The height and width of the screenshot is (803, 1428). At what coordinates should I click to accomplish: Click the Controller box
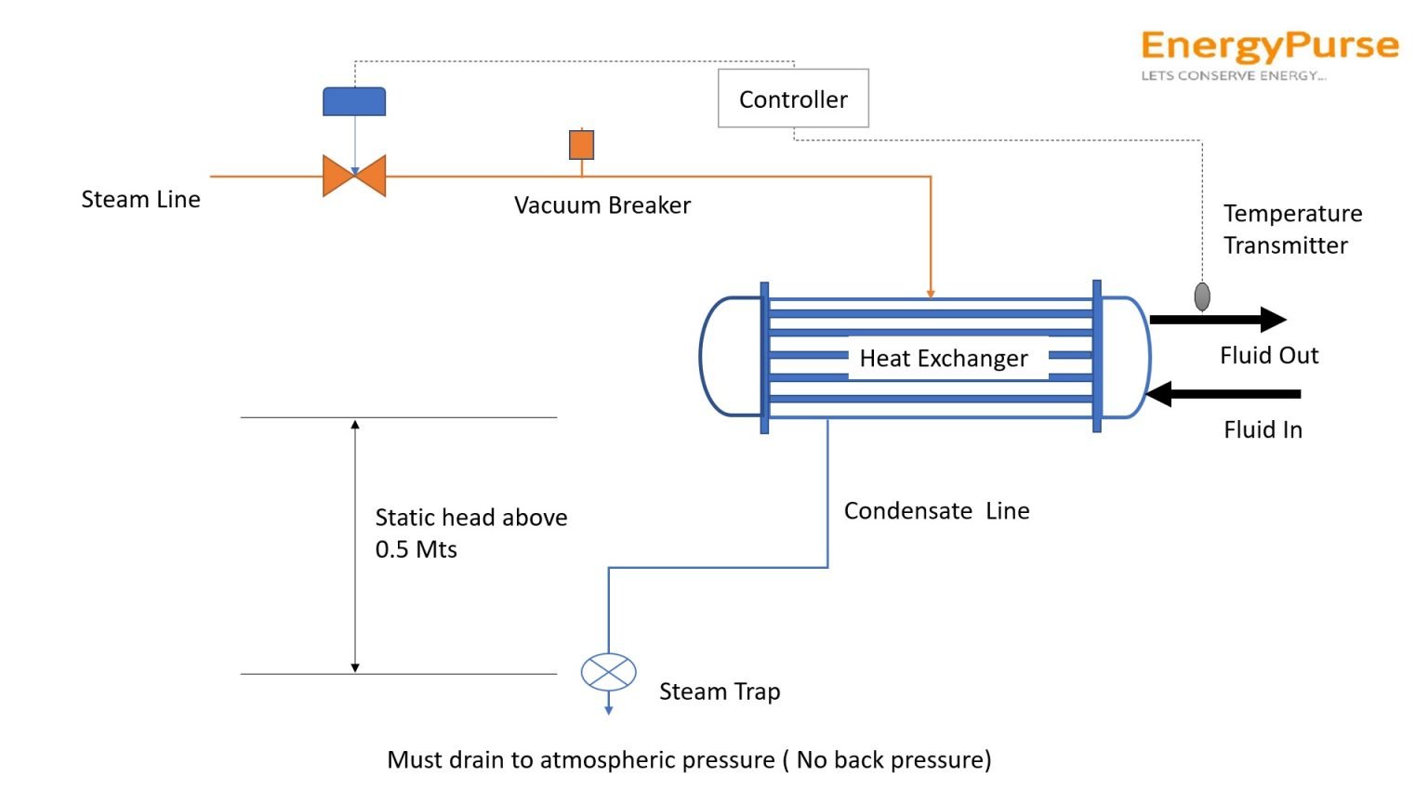point(793,99)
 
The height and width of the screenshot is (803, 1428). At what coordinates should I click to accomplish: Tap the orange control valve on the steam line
point(354,176)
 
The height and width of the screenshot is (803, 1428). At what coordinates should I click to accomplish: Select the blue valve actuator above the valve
point(354,101)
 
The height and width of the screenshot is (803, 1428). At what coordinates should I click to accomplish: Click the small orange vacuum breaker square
point(581,145)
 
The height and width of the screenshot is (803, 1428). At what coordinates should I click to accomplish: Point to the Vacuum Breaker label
point(602,205)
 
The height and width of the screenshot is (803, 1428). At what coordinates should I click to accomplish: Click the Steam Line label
point(140,200)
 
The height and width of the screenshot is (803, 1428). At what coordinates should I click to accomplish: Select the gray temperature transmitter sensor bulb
point(1202,296)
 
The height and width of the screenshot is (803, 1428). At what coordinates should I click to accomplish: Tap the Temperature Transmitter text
point(1291,230)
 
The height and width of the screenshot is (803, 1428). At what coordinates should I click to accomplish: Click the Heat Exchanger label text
point(944,359)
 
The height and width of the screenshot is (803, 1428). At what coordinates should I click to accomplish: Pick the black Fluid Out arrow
point(1218,320)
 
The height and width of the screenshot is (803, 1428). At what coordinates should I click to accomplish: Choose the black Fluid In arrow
point(1222,394)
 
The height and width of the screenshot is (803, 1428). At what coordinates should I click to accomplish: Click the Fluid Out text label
point(1268,356)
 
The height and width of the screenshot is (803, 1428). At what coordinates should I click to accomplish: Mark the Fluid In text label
point(1263,429)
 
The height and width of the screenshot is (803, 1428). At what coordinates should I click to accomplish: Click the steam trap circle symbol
point(608,672)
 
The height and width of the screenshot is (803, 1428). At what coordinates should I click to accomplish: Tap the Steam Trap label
point(720,691)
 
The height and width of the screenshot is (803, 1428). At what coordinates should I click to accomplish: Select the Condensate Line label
point(936,511)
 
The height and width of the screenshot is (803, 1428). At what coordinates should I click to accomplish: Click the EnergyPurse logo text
point(1269,46)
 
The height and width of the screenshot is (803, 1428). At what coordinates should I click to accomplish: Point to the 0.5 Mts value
point(416,549)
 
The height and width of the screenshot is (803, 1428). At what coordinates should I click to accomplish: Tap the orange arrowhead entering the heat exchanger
point(931,294)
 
